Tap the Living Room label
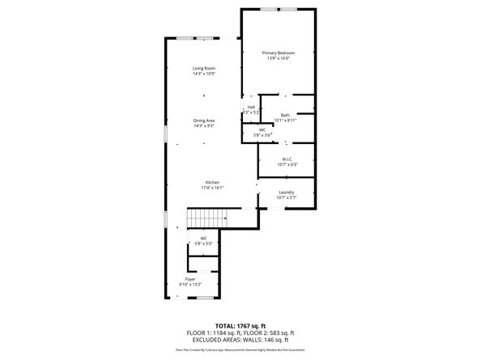[203, 68]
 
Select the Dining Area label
[203, 120]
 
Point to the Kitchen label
[212, 182]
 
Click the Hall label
[251, 107]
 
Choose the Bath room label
[285, 115]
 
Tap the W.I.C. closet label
[287, 159]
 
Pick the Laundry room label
[287, 191]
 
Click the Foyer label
[190, 279]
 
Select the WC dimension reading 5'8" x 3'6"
[262, 135]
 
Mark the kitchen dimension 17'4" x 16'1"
[213, 188]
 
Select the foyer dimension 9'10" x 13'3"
[190, 285]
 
